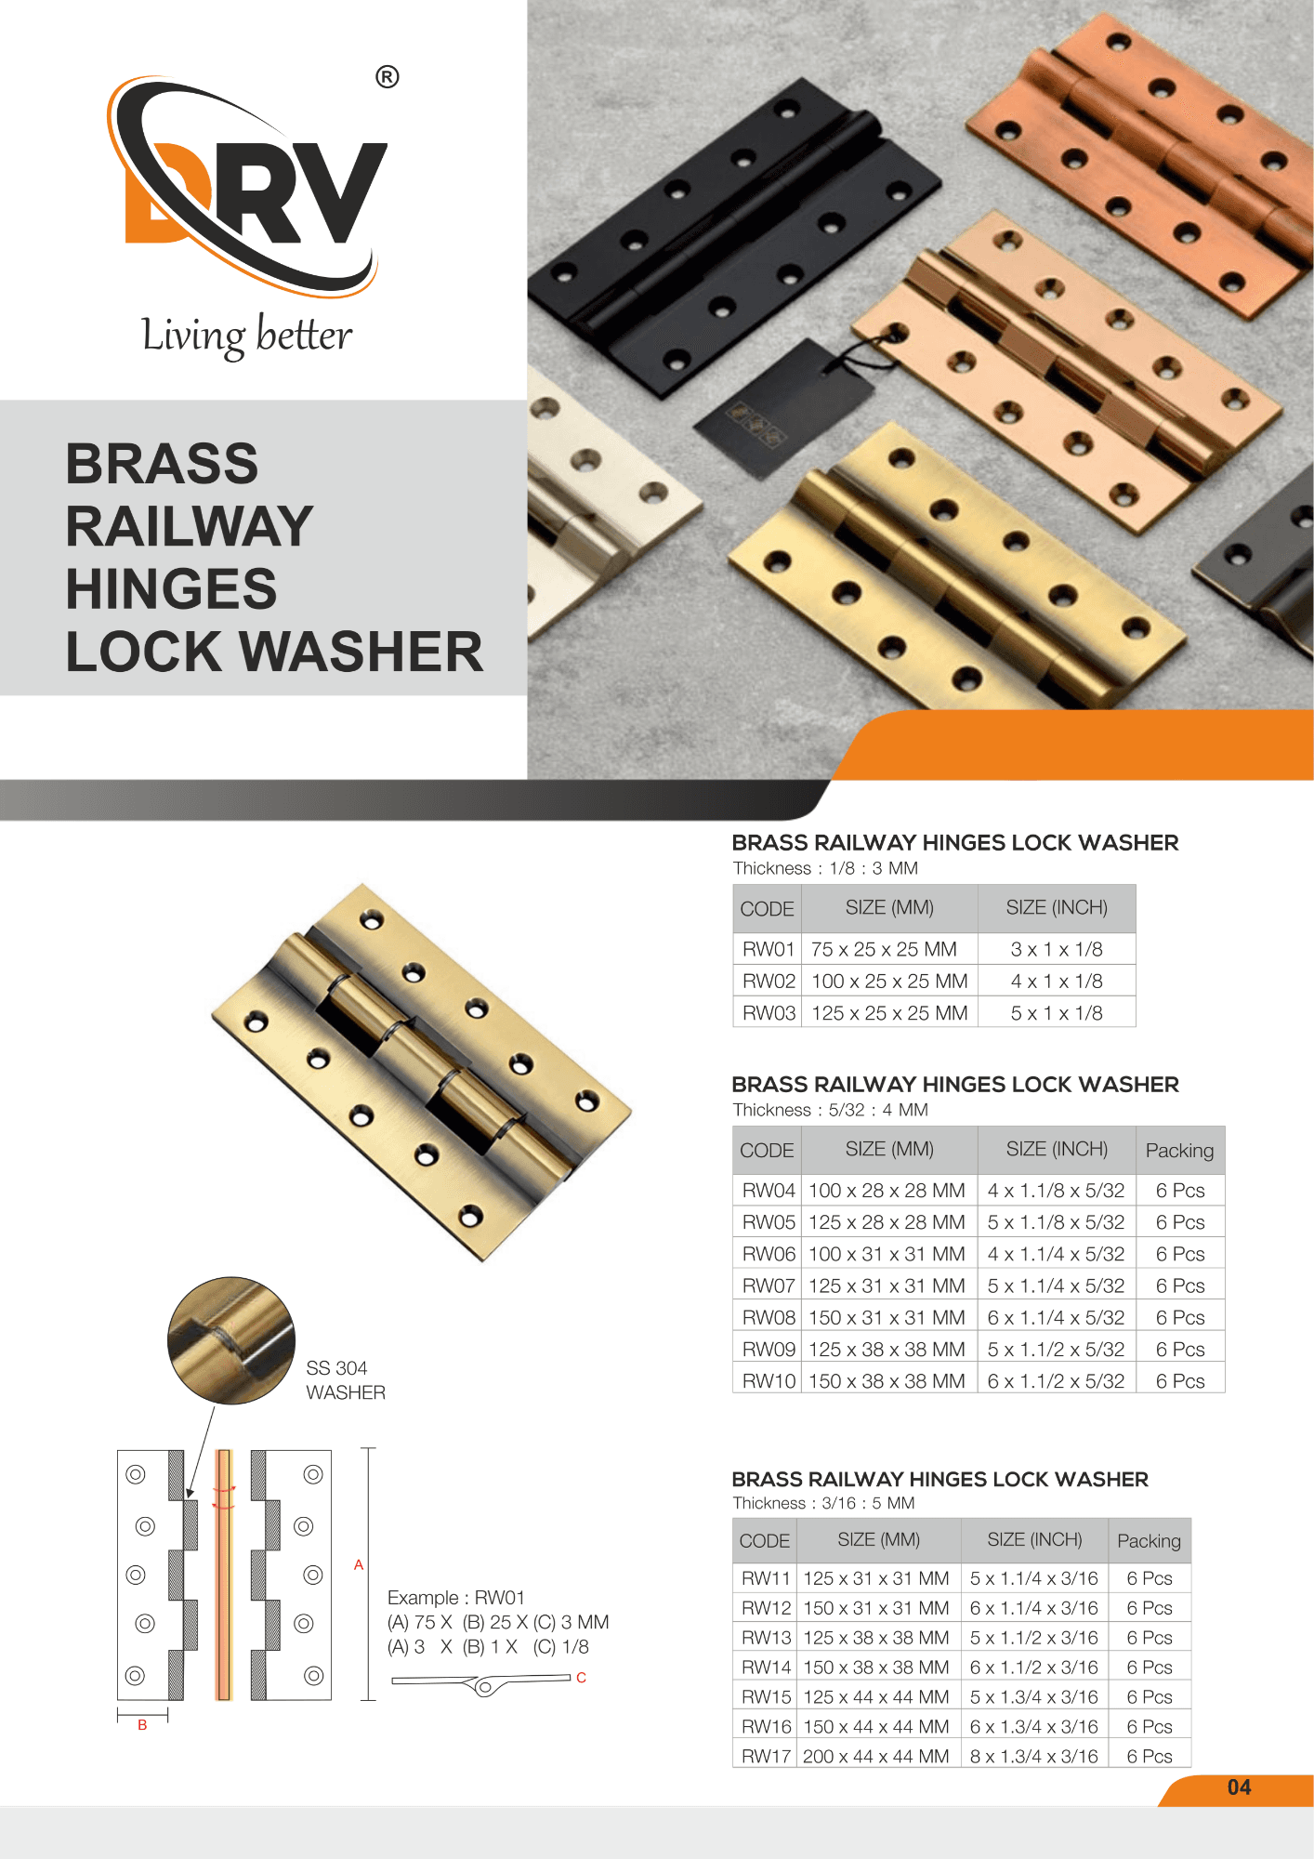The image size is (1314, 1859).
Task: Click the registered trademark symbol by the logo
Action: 388,77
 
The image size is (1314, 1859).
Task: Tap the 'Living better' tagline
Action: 247,336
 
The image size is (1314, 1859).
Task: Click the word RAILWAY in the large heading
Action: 190,526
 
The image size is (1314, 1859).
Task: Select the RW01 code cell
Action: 768,949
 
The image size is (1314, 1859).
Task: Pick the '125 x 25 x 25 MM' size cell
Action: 889,1013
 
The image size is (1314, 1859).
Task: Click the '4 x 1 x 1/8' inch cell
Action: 1057,982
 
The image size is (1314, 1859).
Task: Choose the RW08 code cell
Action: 769,1318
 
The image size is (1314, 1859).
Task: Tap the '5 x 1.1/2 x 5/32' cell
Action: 1056,1350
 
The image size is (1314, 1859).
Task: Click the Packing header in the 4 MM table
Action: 1179,1151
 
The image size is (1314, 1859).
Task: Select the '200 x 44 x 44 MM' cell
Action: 876,1757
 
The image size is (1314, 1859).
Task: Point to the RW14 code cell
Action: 766,1668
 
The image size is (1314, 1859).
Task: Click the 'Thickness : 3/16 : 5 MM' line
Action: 823,1503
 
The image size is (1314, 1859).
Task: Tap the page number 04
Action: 1239,1787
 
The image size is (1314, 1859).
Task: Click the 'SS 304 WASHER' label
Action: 346,1380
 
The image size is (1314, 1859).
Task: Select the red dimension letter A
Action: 359,1565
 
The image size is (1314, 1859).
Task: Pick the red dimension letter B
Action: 142,1725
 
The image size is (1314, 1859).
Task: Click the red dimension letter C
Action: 581,1678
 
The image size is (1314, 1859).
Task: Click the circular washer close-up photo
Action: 231,1340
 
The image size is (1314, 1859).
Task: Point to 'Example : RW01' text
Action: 456,1598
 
